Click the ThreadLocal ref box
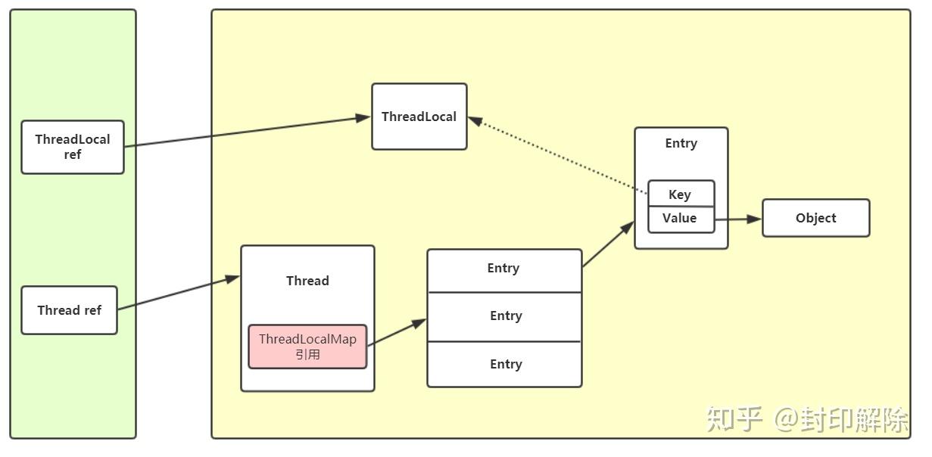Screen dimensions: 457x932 [73, 147]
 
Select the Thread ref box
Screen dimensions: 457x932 [69, 310]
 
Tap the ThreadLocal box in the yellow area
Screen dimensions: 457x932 [419, 117]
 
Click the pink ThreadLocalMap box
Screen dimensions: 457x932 [307, 347]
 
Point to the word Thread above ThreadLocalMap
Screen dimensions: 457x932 [307, 281]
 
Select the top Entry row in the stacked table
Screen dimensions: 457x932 [504, 269]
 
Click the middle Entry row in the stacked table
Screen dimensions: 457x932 [504, 316]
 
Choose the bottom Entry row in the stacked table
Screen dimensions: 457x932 [504, 364]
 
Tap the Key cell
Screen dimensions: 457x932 [680, 194]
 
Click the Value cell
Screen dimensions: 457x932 [680, 219]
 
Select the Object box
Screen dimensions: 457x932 [815, 218]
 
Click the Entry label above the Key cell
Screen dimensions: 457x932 [681, 144]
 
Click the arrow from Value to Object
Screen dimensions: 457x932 [737, 219]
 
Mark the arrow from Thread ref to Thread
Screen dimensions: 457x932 [178, 293]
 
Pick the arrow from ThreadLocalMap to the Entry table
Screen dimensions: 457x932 [397, 332]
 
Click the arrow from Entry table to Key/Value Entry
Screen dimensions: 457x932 [608, 244]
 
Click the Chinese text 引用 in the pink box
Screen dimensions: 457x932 [307, 355]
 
